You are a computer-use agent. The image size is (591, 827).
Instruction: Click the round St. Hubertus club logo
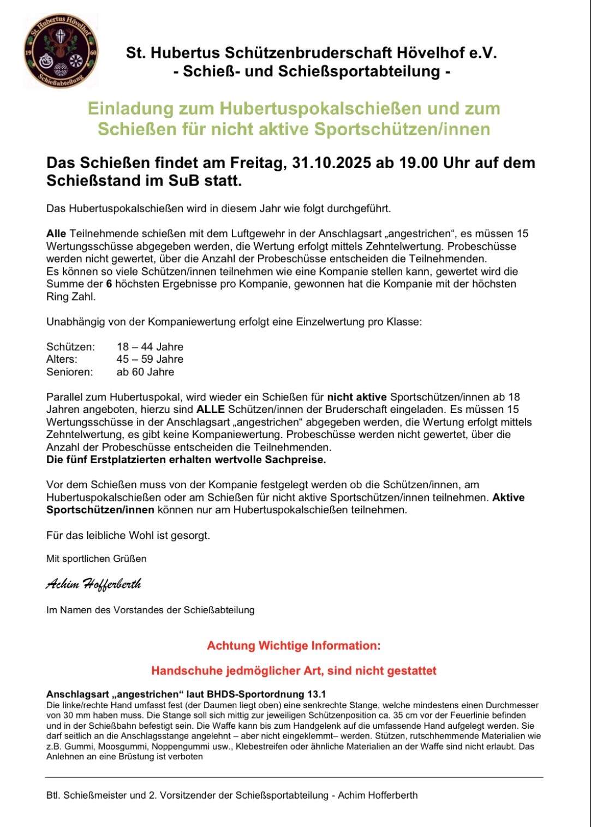click(61, 52)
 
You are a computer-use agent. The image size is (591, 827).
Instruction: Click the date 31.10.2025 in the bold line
click(331, 163)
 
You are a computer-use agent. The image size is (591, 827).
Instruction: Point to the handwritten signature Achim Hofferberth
click(93, 584)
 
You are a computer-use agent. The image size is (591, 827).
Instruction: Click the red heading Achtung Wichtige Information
click(294, 646)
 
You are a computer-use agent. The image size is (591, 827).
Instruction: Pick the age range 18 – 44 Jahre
click(150, 347)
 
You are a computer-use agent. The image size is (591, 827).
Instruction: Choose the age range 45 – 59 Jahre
click(150, 359)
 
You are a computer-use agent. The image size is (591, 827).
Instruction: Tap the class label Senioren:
click(70, 372)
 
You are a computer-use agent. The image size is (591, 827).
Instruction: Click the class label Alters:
click(62, 359)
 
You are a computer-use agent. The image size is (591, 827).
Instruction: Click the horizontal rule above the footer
click(294, 777)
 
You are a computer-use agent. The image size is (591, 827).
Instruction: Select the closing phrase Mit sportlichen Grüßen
click(97, 559)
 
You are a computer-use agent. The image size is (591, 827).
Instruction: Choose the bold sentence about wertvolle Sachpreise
click(186, 460)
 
